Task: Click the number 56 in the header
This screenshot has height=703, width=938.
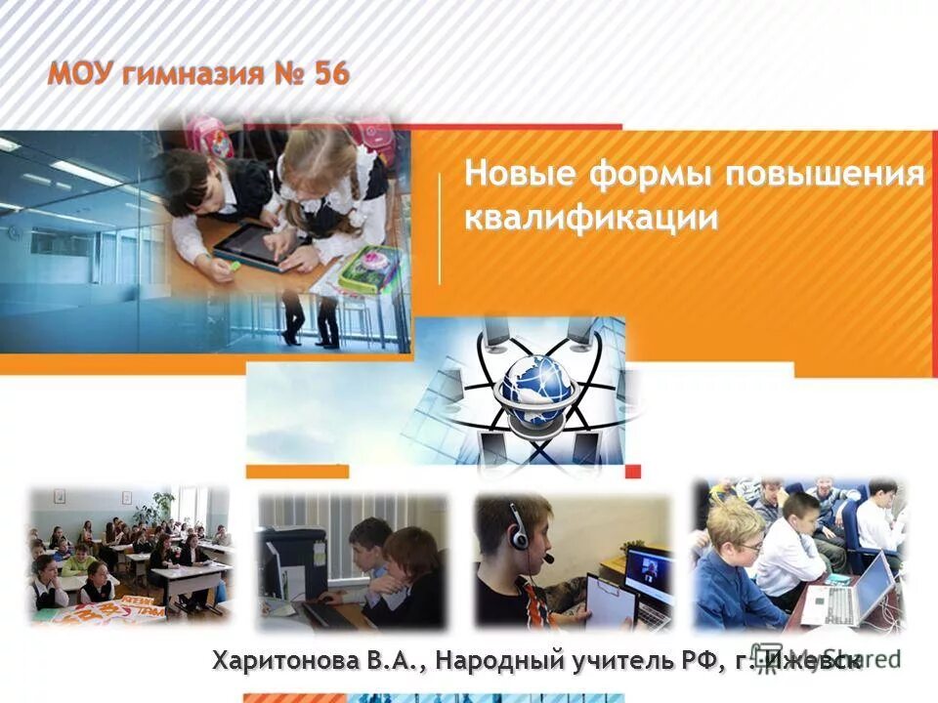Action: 331,74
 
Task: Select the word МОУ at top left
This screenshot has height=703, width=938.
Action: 83,74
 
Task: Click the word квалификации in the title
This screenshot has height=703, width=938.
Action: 591,217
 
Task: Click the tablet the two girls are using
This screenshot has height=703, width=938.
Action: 246,242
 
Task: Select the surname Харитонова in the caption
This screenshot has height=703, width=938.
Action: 288,661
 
